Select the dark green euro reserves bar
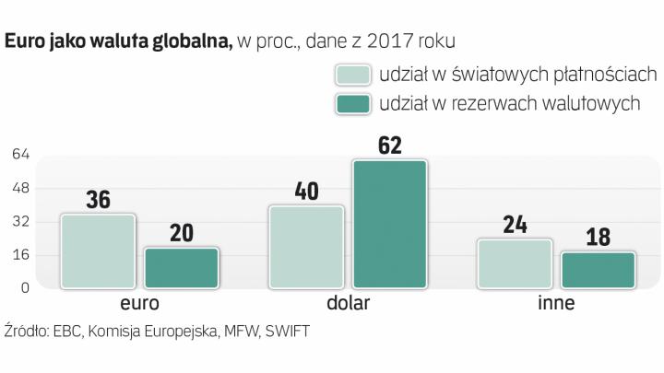click(181, 267)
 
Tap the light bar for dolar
click(307, 246)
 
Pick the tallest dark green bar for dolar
click(389, 224)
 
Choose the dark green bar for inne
click(599, 269)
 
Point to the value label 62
click(389, 145)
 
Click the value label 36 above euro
click(98, 199)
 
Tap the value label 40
click(307, 191)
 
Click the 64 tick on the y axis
click(21, 156)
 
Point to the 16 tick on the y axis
click(21, 254)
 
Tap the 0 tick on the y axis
click(26, 287)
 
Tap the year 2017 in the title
click(391, 41)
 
